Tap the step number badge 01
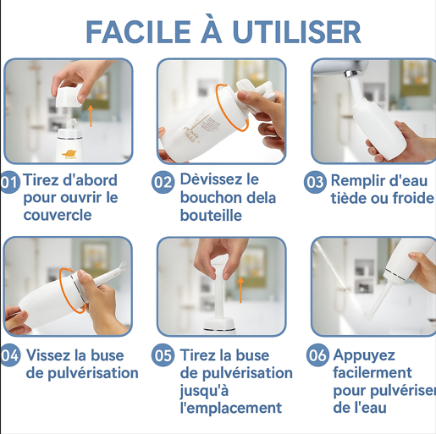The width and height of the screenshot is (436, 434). [10, 181]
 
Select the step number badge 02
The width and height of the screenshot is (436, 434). [163, 181]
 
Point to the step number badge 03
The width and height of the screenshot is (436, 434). [315, 181]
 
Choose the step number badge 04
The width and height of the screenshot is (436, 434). [10, 355]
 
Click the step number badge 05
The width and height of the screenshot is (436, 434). [163, 355]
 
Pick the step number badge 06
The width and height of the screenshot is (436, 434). [317, 355]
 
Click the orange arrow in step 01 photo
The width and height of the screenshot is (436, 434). [91, 113]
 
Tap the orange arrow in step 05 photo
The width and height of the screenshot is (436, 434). [240, 292]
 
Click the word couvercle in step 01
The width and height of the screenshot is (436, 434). [58, 216]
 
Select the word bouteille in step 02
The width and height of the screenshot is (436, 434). [211, 216]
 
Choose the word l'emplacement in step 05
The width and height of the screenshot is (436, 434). [230, 408]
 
